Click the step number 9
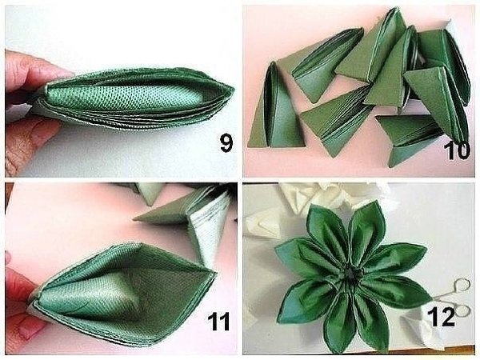pos(226,143)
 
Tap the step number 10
pos(456,150)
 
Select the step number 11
pos(218,321)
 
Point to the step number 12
pos(441,317)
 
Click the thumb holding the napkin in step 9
pos(37,71)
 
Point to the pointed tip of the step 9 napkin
pos(234,90)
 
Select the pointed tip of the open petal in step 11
pos(216,272)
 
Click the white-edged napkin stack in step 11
pos(211,221)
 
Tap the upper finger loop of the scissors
pos(462,286)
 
